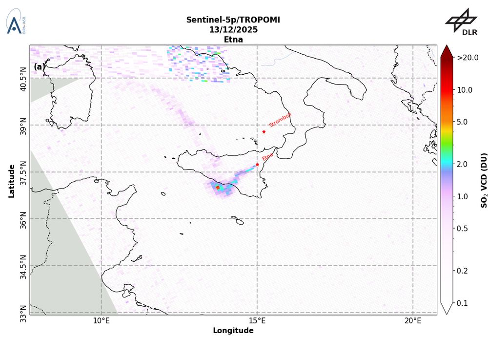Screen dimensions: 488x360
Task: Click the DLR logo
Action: pos(461,22)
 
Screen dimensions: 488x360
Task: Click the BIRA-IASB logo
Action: pos(16,21)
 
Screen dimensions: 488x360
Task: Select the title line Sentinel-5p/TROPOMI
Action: pos(233,20)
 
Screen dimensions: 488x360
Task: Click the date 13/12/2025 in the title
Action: pos(233,29)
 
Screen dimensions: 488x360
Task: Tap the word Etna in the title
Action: pos(233,40)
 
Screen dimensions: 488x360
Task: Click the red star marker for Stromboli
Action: pos(264,131)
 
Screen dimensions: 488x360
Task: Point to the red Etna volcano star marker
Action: pos(257,165)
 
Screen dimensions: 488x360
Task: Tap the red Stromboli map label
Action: pos(280,120)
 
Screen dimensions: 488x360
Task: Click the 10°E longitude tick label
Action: pos(101,320)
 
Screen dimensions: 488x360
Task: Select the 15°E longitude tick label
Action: pos(257,320)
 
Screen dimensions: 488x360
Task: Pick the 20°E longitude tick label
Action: pos(413,320)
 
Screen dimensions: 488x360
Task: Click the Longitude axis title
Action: pos(233,331)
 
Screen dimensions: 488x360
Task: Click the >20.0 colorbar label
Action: pos(468,58)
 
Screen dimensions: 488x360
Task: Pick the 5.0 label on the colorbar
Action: pos(464,122)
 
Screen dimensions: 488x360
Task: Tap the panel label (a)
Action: pos(39,66)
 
